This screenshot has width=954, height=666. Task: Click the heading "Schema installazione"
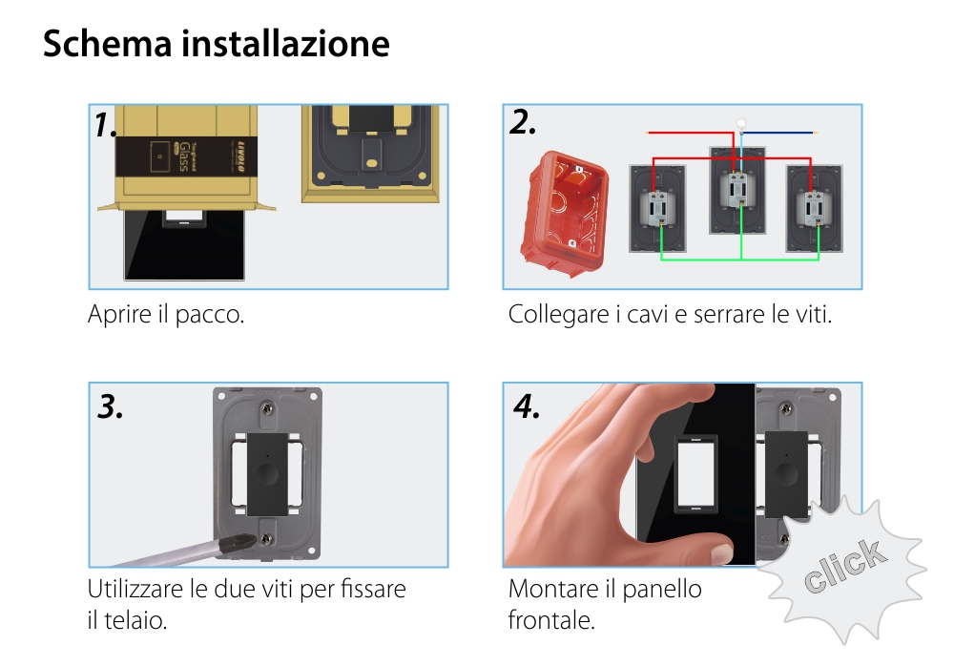(217, 44)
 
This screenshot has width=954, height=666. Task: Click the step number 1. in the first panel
(106, 124)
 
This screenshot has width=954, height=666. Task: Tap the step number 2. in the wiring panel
(523, 122)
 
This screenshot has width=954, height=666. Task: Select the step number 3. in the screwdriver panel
(112, 406)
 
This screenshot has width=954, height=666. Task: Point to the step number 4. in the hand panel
(527, 406)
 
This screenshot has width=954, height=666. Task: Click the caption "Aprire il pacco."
(166, 314)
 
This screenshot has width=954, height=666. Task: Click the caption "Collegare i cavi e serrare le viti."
(670, 314)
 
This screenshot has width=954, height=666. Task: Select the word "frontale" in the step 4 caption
(550, 620)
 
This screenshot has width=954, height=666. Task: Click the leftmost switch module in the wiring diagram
(654, 208)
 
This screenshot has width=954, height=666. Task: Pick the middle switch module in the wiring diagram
(736, 189)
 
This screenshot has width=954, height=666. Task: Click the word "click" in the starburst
(842, 566)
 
